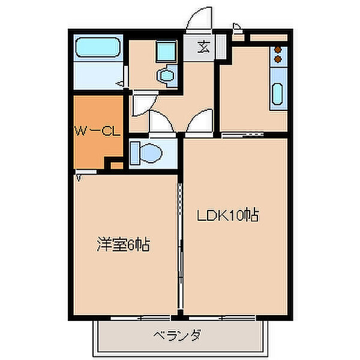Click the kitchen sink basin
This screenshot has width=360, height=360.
pyautogui.click(x=278, y=94)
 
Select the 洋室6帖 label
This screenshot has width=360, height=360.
pyautogui.click(x=123, y=244)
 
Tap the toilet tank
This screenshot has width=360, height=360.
pyautogui.click(x=134, y=152)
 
